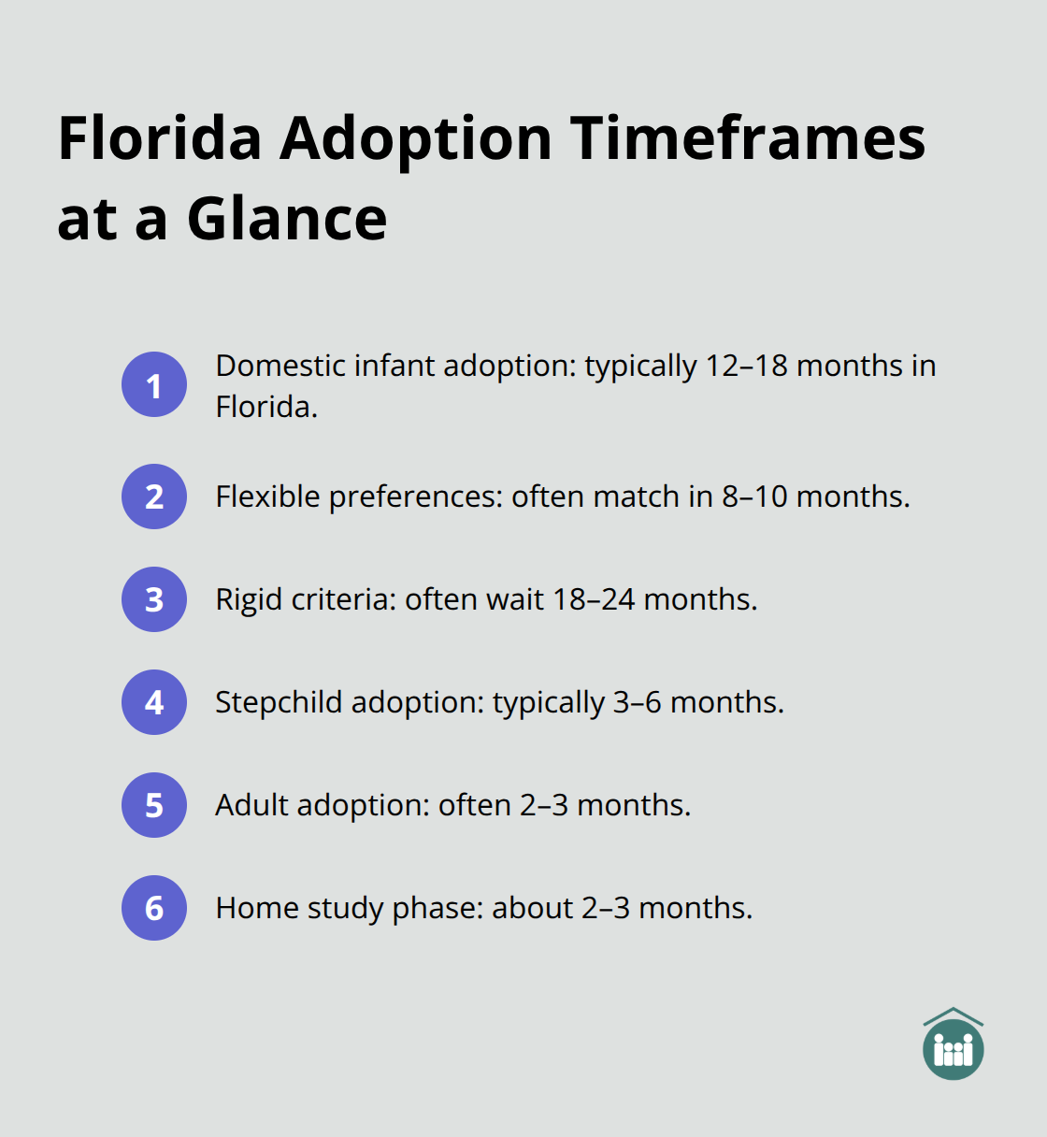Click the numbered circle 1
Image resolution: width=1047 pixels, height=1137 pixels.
tap(154, 384)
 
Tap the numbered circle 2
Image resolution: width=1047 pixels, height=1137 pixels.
tap(154, 497)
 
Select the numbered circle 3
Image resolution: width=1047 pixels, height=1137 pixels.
tap(154, 599)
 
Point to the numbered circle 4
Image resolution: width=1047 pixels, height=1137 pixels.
tap(154, 702)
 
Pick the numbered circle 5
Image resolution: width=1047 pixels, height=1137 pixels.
tap(154, 805)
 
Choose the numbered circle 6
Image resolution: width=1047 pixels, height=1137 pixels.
tap(154, 908)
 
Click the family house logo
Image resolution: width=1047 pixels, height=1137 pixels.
tap(953, 1044)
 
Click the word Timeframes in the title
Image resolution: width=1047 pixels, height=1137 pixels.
tap(748, 138)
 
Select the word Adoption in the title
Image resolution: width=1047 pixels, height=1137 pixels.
tap(416, 138)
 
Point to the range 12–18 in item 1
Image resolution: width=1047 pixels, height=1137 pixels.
tap(746, 366)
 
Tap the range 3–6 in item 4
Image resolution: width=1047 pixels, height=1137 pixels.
tap(637, 702)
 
